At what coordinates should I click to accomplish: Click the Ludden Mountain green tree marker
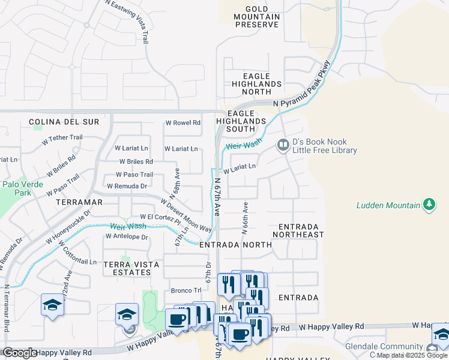[429, 205]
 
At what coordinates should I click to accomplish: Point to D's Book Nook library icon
[282, 145]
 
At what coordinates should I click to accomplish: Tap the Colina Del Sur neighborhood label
[64, 122]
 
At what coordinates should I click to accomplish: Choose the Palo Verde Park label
[23, 188]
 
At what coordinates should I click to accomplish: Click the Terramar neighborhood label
[76, 203]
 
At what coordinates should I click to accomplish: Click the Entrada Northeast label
[301, 230]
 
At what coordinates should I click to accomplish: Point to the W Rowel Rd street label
[182, 123]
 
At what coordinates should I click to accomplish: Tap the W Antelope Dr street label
[126, 237]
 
